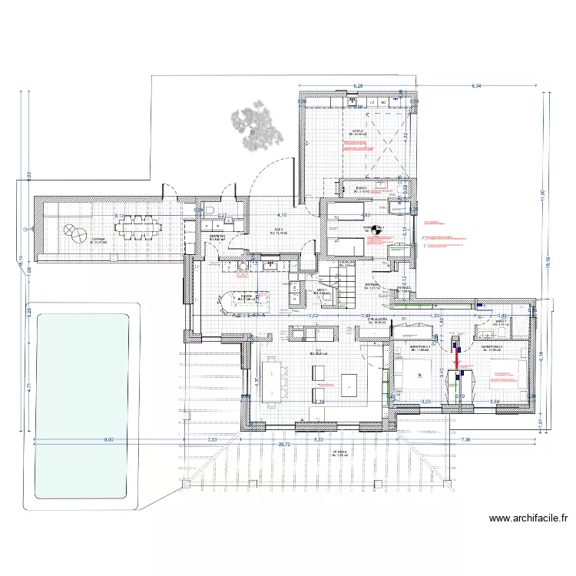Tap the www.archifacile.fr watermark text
point(528,518)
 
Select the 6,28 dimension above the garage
point(357,87)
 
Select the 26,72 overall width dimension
point(284,444)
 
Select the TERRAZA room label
point(98,240)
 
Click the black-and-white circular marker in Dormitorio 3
point(376,229)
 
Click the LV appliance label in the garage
point(372,101)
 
